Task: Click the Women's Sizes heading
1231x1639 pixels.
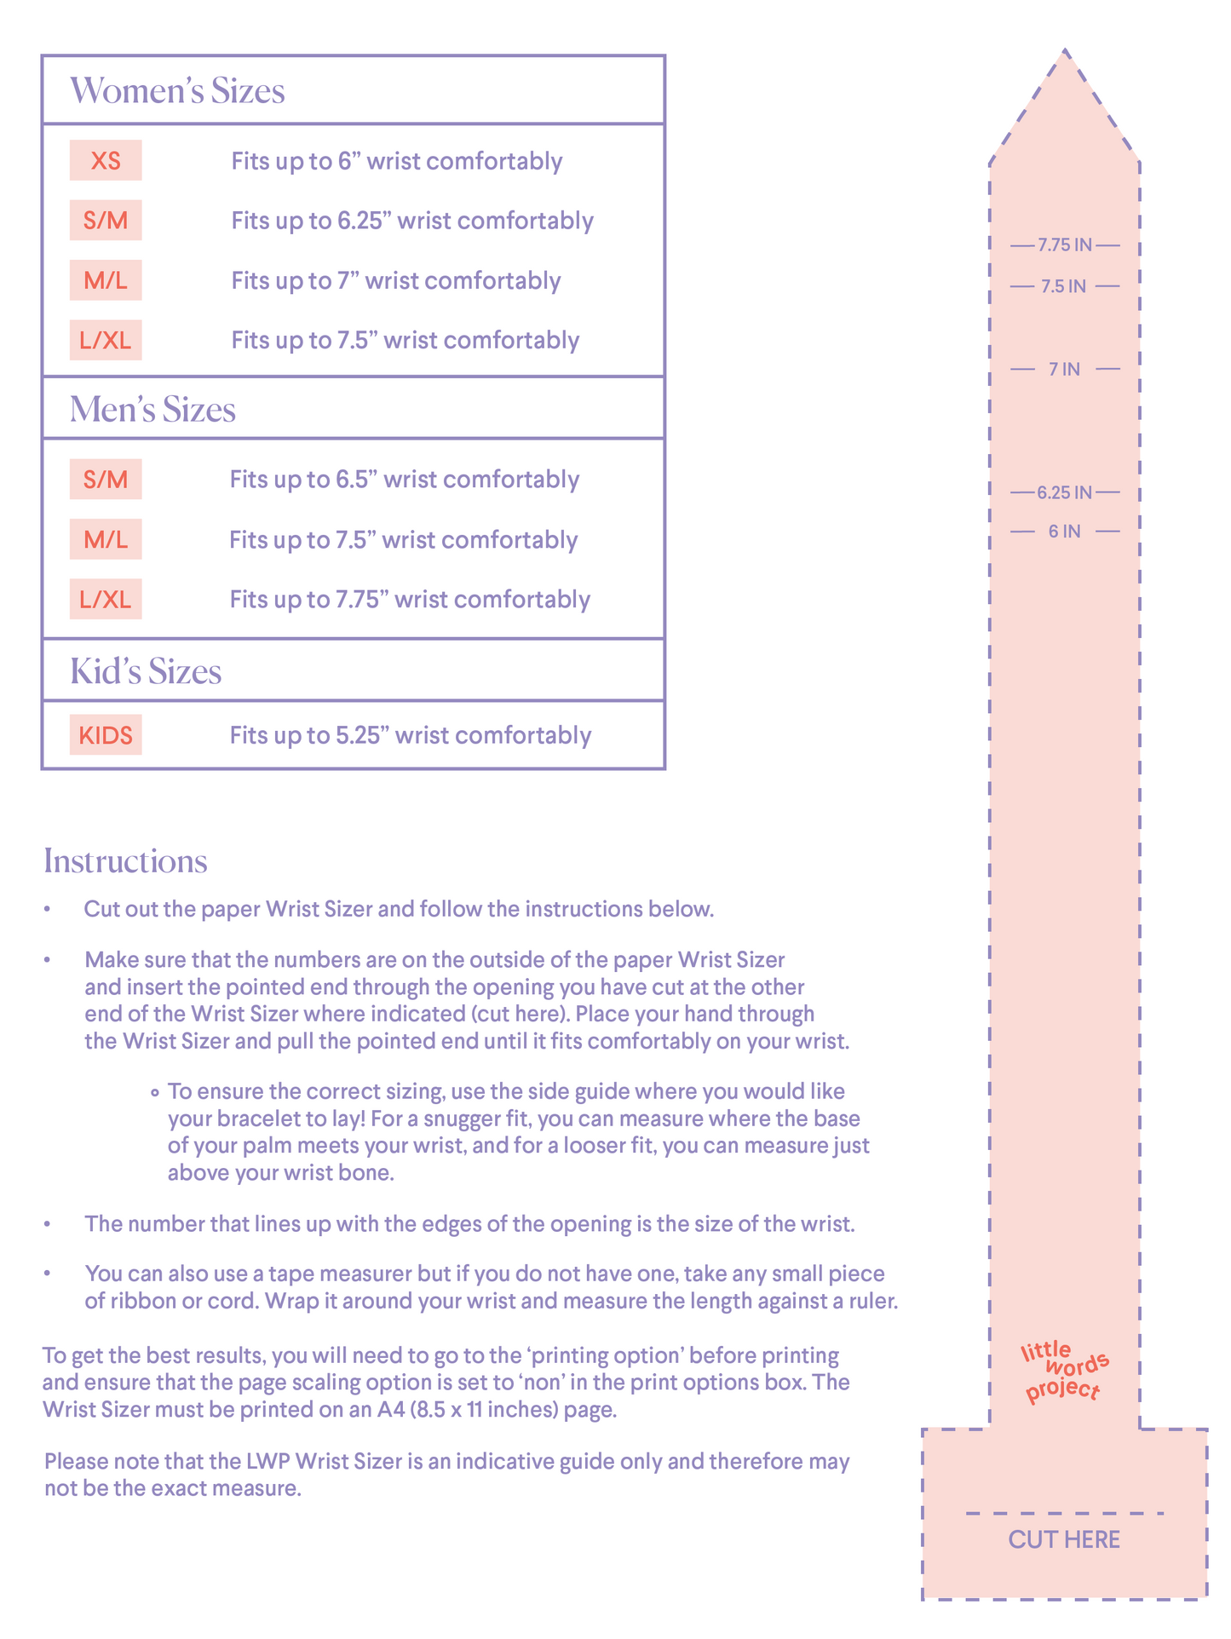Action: coord(177,91)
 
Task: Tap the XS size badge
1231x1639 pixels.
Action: coord(106,160)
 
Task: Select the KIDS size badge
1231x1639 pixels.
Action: coord(106,735)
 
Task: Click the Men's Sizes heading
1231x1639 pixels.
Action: coord(152,410)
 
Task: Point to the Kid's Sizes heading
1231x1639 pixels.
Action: coord(146,671)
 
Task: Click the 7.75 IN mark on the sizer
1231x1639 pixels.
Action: coord(1064,245)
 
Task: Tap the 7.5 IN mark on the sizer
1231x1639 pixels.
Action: coord(1064,286)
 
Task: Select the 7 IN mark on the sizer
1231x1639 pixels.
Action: coord(1064,369)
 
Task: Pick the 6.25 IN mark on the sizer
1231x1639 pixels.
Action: coord(1064,492)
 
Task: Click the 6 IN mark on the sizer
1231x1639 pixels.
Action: coord(1064,532)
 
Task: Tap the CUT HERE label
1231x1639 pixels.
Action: coord(1064,1539)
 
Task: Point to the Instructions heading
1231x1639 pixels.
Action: coord(125,861)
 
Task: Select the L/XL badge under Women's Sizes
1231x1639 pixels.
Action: coord(106,341)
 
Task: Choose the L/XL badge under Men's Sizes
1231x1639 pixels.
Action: coord(106,600)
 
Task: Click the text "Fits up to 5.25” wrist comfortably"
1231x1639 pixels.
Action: coord(410,735)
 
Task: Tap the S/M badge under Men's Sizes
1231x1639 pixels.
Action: coord(106,480)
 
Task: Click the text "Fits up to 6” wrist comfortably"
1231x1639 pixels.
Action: coord(397,161)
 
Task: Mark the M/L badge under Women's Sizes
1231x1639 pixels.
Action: coord(106,280)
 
